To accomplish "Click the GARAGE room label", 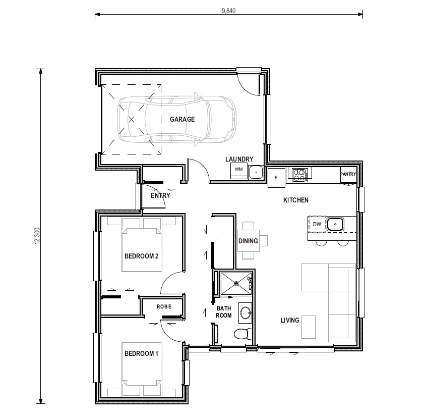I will click(182, 120).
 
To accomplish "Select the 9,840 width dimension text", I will click(228, 10).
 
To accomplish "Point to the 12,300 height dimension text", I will click(37, 236).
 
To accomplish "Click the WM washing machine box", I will click(238, 170).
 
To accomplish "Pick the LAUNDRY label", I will click(239, 159).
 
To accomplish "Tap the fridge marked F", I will click(276, 177).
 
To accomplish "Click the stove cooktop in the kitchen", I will click(300, 175).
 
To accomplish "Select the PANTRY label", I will click(348, 174).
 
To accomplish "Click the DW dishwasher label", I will click(317, 224).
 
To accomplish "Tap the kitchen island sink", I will click(335, 224).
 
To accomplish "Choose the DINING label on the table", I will click(248, 241).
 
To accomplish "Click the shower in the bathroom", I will click(235, 283).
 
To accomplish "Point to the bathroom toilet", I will click(241, 334).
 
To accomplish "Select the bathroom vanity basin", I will click(246, 313).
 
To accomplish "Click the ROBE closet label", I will click(164, 306).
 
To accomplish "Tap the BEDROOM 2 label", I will click(142, 256).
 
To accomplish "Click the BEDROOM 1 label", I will click(141, 354).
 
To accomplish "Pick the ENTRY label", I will click(160, 195).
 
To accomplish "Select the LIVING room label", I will click(290, 320).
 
